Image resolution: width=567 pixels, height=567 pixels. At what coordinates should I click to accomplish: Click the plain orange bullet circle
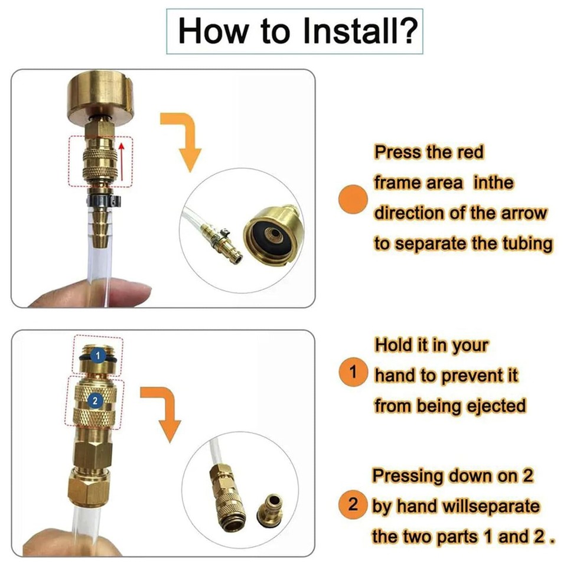(x=353, y=200)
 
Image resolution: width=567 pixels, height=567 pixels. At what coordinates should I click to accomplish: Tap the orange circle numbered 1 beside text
(x=354, y=373)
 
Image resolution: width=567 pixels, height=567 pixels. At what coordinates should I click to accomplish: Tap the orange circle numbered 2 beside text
(x=354, y=506)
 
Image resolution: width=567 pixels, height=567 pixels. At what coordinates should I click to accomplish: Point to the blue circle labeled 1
(x=99, y=357)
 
